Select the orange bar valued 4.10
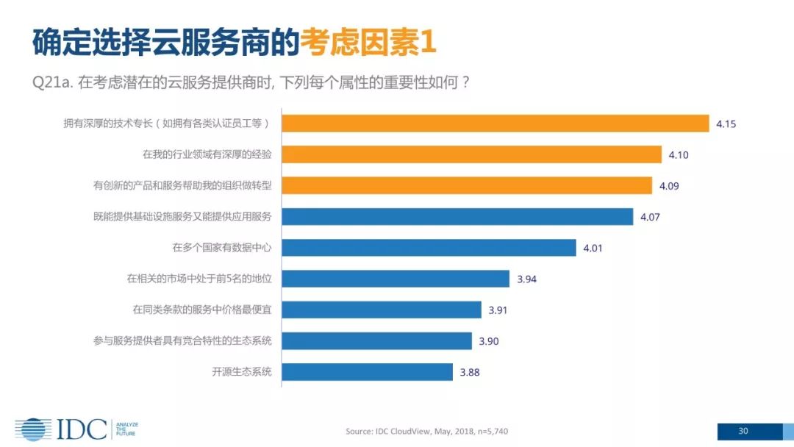pos(472,154)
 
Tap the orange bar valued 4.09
pos(467,185)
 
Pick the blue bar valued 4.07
pos(457,216)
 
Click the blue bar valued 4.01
pos(429,248)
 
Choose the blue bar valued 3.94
pos(396,279)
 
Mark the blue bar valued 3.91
pos(382,310)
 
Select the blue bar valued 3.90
pos(376,340)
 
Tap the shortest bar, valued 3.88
pos(368,372)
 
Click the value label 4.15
pos(726,124)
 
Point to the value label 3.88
pos(470,372)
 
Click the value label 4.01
pos(593,248)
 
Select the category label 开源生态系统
pos(242,372)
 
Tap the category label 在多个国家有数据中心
pos(222,248)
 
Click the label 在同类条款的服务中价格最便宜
pos(202,310)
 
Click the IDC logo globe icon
pos(33,429)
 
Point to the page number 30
pos(743,431)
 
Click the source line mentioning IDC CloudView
pos(426,432)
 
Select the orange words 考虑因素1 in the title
pos(368,43)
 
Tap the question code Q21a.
pos(51,82)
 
